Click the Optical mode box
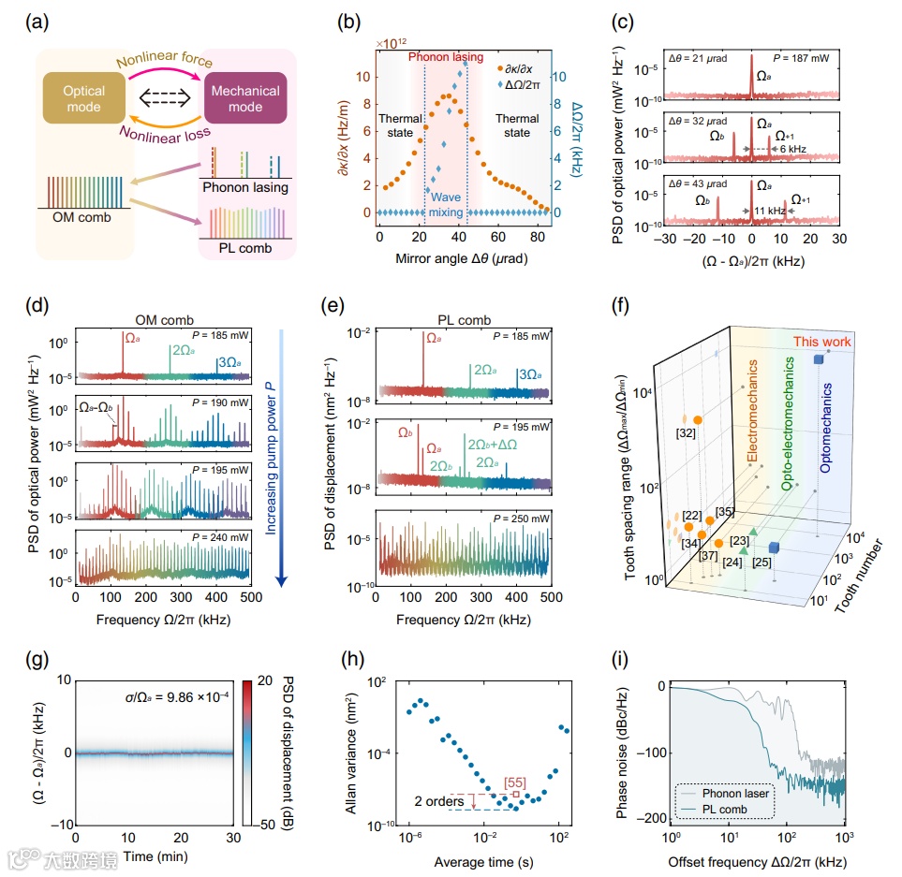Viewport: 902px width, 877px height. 84,98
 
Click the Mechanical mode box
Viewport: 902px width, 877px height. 245,98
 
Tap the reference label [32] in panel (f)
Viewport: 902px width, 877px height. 688,434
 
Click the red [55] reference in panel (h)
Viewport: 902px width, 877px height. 515,780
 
